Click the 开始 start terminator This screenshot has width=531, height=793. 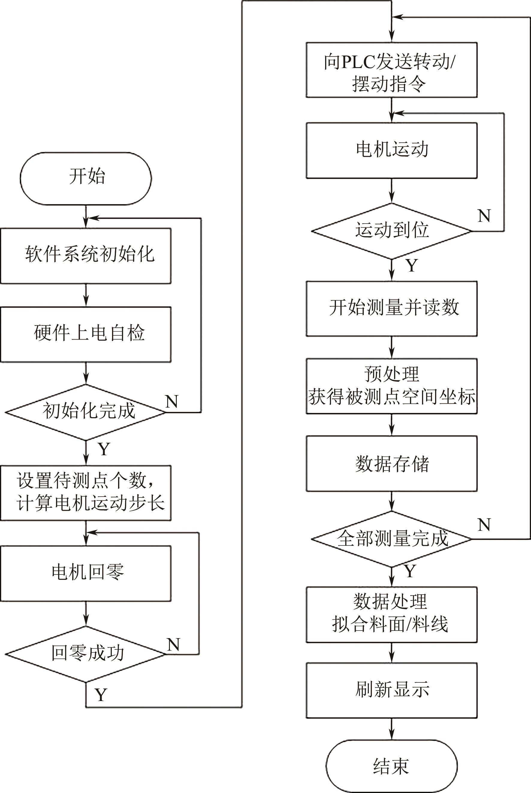coord(86,178)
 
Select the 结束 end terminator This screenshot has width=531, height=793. coord(391,766)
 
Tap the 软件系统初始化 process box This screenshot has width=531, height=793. coord(86,256)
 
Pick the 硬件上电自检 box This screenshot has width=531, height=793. coord(86,334)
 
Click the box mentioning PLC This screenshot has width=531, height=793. coord(391,70)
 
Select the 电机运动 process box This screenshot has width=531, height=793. coord(391,150)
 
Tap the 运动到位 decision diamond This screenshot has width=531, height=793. coord(391,231)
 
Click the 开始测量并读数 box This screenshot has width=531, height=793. coord(391,308)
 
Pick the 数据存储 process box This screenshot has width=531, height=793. coord(391,464)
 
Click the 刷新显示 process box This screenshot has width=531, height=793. coord(391,690)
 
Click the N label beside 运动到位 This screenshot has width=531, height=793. coord(484,216)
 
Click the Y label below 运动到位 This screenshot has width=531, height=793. coord(411,266)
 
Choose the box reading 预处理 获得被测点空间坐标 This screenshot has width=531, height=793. coord(391,386)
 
